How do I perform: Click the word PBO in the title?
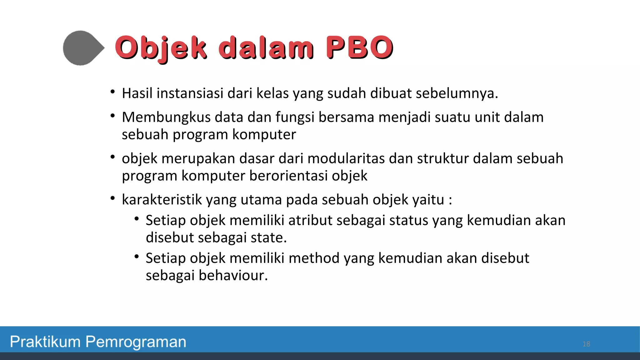click(x=359, y=47)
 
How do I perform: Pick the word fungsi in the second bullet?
click(x=295, y=117)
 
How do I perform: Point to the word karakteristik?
click(x=162, y=200)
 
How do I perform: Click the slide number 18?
click(x=586, y=344)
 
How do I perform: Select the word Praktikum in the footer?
click(x=46, y=342)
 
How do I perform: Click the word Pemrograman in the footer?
click(x=136, y=342)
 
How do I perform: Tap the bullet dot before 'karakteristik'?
click(x=113, y=198)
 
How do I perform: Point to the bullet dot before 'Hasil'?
click(x=113, y=92)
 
